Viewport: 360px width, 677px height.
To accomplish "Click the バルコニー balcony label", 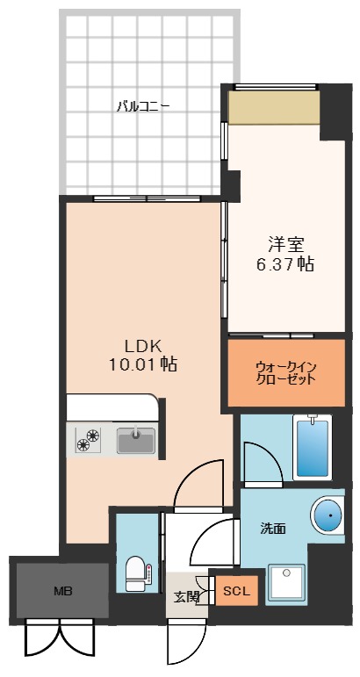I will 143,107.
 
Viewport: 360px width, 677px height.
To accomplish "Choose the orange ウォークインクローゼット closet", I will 285,372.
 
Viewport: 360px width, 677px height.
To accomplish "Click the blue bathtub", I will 312,447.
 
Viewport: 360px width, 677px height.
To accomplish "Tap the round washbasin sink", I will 327,514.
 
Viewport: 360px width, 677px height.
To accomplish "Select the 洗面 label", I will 272,529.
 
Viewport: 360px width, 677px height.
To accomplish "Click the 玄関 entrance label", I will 186,597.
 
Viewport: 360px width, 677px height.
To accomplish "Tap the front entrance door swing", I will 185,645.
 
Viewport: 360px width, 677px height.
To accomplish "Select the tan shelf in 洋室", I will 273,108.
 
